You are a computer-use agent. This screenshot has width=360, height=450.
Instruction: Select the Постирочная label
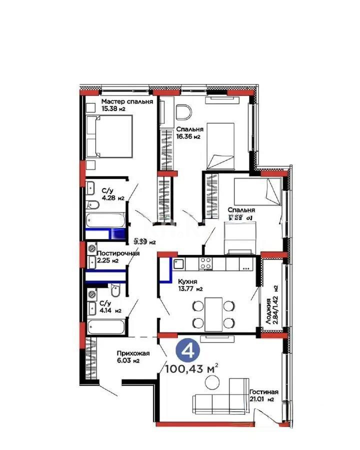point(118,253)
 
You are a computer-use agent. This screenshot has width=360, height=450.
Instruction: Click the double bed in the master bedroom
point(108,136)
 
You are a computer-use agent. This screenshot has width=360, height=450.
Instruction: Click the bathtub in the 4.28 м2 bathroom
point(105,220)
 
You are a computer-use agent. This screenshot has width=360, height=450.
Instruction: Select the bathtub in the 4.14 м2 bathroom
point(105,327)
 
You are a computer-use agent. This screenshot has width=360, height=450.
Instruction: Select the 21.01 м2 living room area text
point(261,399)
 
